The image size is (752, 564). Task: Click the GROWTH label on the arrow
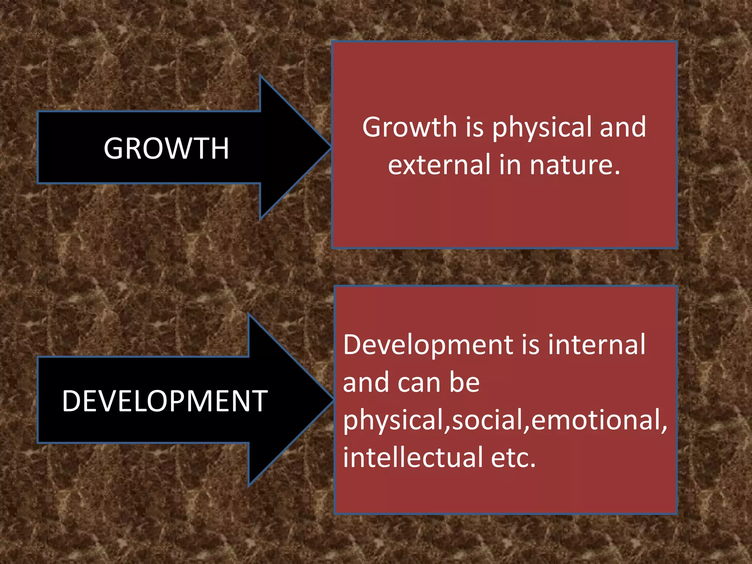click(x=166, y=148)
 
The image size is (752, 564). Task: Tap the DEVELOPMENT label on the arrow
click(x=165, y=401)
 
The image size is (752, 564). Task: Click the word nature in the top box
click(x=575, y=164)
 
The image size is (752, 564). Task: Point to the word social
click(x=490, y=420)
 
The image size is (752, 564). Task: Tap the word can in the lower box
click(x=419, y=383)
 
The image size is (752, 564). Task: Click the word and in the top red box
click(x=623, y=127)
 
